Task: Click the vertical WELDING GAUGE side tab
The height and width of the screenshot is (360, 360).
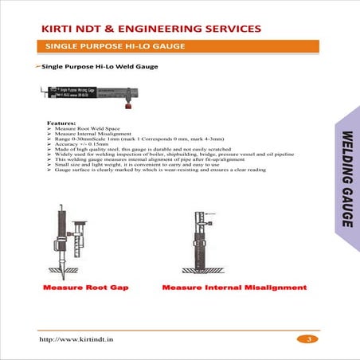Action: click(346, 178)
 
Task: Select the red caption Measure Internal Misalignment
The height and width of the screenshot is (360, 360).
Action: click(234, 287)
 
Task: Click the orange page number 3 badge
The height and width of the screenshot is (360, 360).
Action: click(308, 340)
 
